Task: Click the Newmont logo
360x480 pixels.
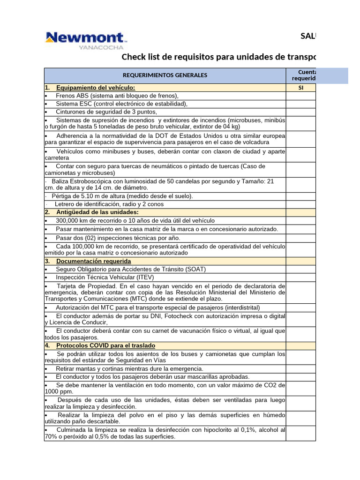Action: point(85,37)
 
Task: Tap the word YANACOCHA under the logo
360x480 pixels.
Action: point(101,47)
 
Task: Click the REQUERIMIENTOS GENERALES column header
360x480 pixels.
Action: point(165,75)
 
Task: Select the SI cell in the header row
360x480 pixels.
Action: point(300,88)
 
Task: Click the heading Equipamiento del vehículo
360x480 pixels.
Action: point(95,88)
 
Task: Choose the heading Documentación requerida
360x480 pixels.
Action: point(93,261)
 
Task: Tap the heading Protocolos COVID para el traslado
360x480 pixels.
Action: point(105,345)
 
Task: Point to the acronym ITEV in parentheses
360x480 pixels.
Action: point(146,277)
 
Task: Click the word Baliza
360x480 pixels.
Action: point(60,181)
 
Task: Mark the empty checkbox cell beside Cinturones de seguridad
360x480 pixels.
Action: point(300,112)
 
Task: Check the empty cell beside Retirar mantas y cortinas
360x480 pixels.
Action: point(300,368)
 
